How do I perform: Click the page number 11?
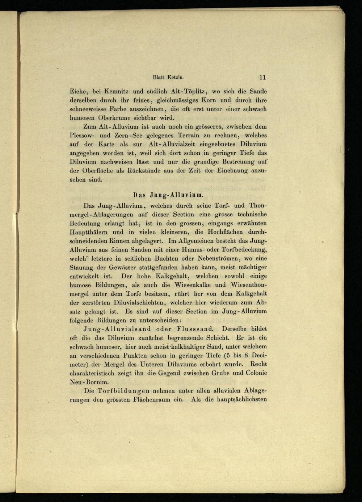[262, 77]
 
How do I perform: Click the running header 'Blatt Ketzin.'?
[169, 77]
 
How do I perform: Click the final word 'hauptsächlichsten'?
[241, 399]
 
